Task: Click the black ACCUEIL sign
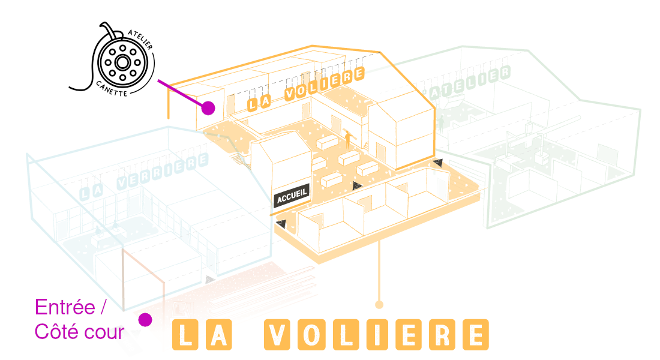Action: [292, 196]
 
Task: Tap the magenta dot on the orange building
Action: [208, 108]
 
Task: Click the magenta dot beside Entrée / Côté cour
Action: [145, 320]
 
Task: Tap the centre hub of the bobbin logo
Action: [122, 62]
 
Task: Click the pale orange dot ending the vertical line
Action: [379, 305]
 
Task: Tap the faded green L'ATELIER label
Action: [468, 83]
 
